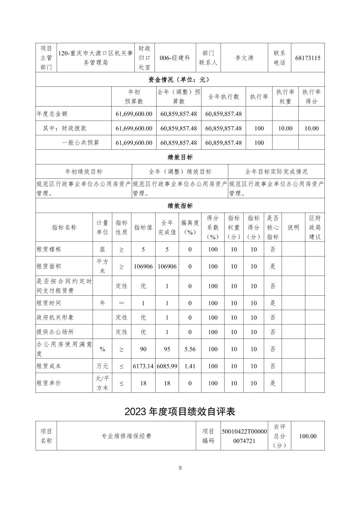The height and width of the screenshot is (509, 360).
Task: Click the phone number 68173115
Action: (308, 58)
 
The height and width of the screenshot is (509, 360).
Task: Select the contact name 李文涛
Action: (244, 58)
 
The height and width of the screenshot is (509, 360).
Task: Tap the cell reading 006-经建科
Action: (175, 58)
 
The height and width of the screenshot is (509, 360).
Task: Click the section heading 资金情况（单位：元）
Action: (180, 80)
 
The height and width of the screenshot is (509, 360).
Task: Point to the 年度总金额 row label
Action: (52, 114)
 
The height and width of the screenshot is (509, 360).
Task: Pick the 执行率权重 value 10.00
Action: (285, 128)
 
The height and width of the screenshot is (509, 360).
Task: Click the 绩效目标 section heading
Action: (180, 157)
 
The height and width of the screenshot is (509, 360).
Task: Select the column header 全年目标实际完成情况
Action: (276, 172)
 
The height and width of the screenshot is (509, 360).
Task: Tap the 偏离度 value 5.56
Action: (190, 349)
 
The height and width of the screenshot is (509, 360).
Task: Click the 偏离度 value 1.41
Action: (190, 366)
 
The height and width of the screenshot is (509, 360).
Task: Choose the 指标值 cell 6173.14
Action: (143, 366)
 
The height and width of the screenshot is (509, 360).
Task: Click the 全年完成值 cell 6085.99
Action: (167, 366)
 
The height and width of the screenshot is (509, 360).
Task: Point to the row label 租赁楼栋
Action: (49, 249)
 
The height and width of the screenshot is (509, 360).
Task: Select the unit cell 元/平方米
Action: (102, 383)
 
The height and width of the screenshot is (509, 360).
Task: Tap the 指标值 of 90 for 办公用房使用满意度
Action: (143, 349)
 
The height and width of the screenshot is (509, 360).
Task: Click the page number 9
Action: (180, 468)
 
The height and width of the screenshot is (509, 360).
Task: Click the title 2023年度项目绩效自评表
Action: (180, 411)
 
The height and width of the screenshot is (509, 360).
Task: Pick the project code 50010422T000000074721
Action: (244, 436)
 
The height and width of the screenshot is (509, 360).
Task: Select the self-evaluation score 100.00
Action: (308, 436)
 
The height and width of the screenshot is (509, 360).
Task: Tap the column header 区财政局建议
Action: (315, 227)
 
